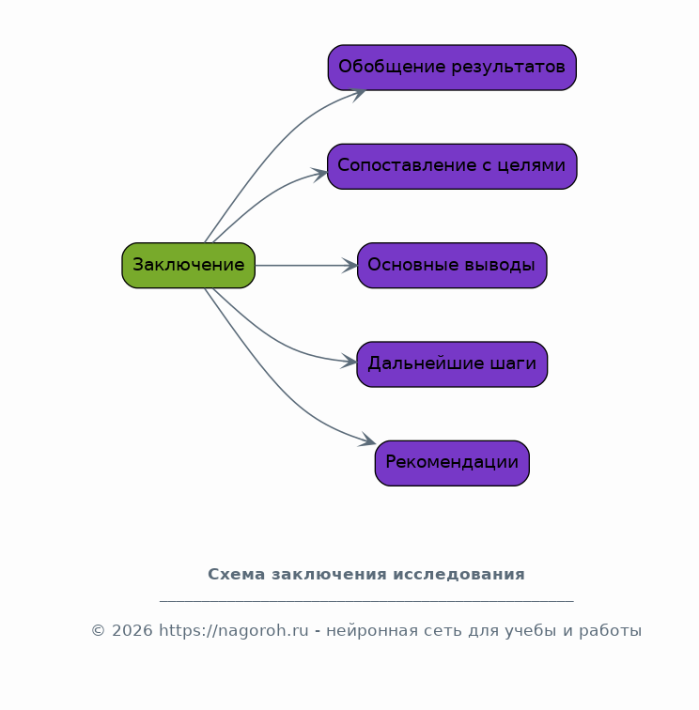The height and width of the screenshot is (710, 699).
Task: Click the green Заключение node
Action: click(x=189, y=266)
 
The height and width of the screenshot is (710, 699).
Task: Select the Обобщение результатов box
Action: click(x=452, y=68)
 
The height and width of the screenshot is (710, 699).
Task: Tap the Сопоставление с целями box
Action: click(x=452, y=166)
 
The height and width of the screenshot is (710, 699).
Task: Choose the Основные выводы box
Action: click(x=452, y=266)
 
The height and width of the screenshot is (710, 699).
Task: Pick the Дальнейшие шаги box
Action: click(x=452, y=364)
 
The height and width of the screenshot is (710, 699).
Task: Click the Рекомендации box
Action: click(x=452, y=463)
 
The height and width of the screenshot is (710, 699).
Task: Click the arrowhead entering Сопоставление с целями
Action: click(x=321, y=175)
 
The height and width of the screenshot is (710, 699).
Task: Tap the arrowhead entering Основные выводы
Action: click(x=350, y=266)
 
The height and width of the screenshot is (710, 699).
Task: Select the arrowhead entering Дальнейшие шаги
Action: click(x=349, y=362)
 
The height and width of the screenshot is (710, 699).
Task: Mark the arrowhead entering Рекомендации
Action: click(x=368, y=440)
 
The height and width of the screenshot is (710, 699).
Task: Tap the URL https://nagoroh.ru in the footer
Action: click(x=234, y=630)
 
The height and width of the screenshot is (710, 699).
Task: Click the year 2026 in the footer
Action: click(x=132, y=630)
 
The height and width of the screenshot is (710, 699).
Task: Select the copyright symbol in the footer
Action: click(x=99, y=630)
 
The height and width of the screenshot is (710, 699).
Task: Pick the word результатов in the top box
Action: click(x=508, y=67)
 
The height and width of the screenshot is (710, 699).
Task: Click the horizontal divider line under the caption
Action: click(x=367, y=601)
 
